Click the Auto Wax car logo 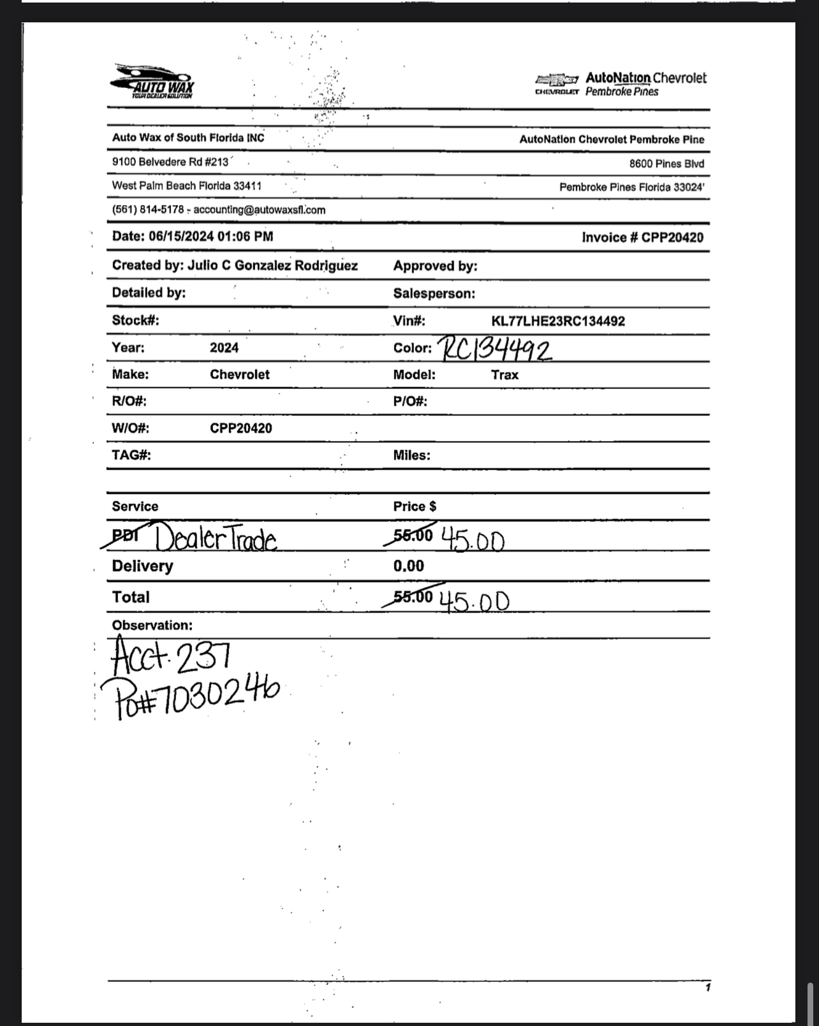(x=152, y=82)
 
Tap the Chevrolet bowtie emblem (x=556, y=80)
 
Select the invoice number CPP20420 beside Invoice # (x=672, y=238)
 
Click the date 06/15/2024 (x=181, y=237)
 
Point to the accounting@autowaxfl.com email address (x=259, y=210)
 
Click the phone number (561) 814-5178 (x=147, y=210)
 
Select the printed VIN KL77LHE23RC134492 (x=557, y=321)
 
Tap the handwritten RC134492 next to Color (x=496, y=348)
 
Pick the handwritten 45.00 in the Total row (x=475, y=601)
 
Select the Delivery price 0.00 (x=408, y=566)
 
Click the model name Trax (x=505, y=375)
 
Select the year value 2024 (x=224, y=348)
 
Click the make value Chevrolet (x=239, y=375)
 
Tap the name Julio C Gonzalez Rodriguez (x=272, y=266)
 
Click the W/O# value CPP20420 (x=240, y=429)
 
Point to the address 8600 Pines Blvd (x=667, y=164)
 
